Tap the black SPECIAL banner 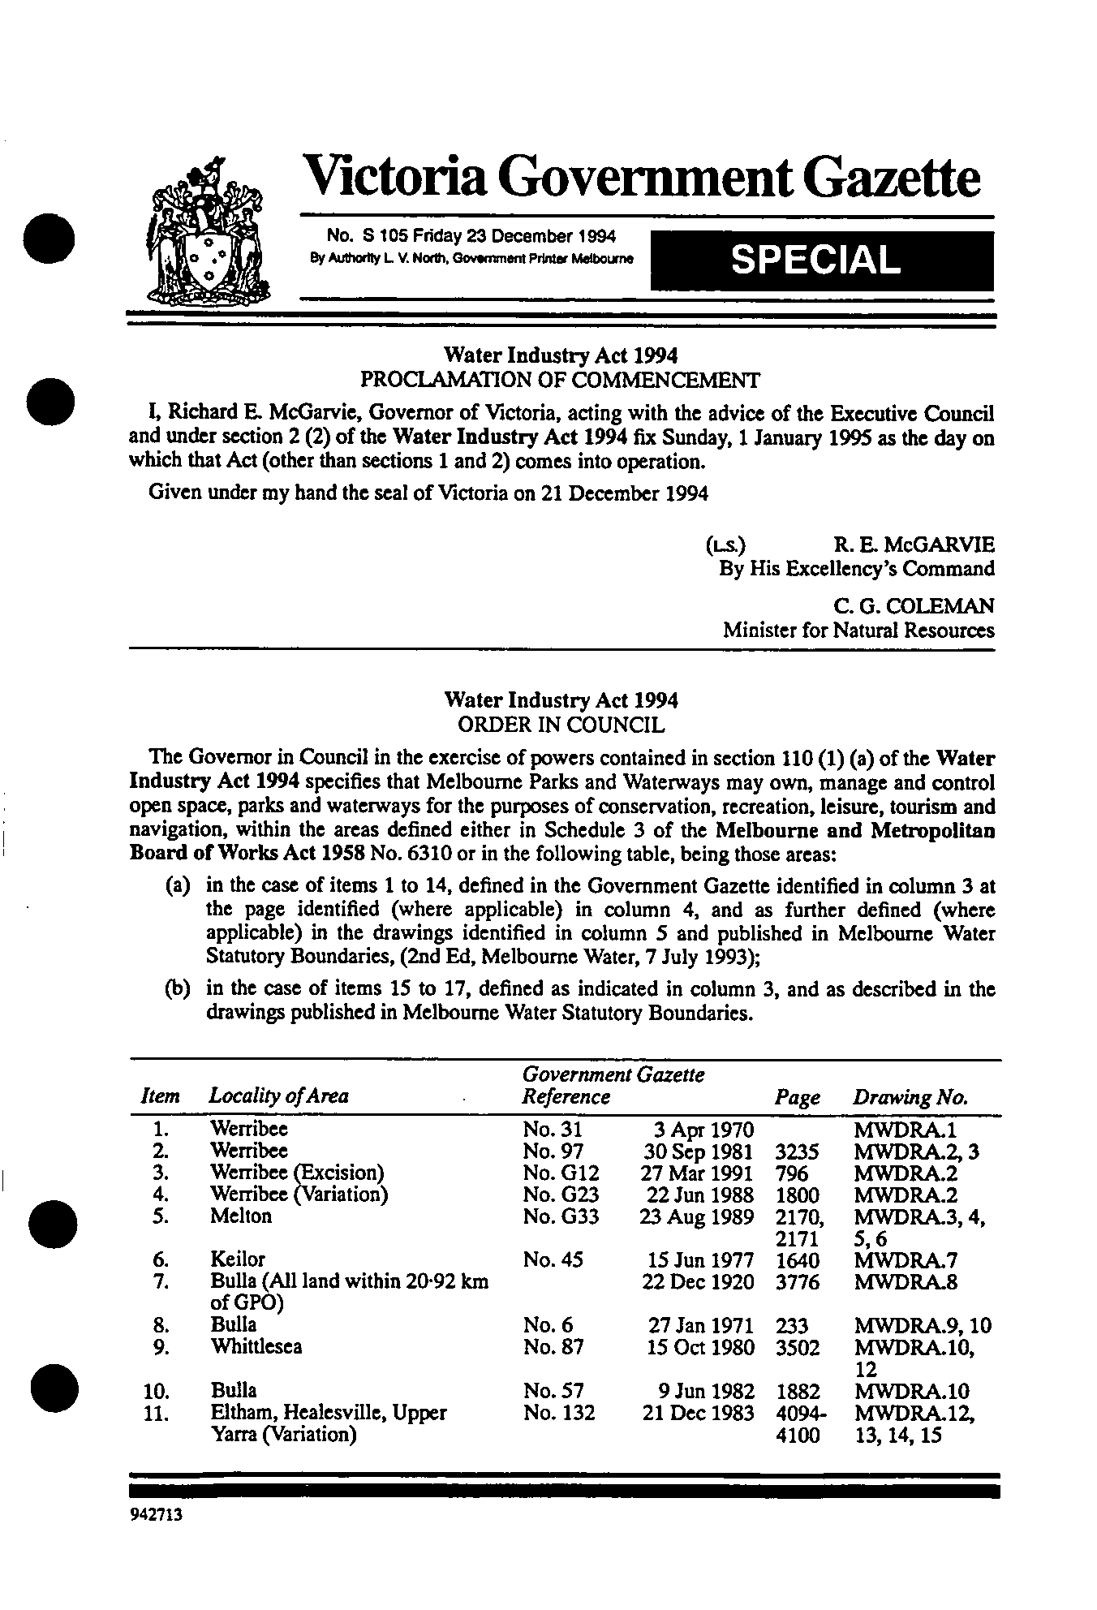pyautogui.click(x=821, y=260)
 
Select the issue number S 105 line pyautogui.click(x=471, y=237)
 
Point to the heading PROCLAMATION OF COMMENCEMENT pyautogui.click(x=560, y=380)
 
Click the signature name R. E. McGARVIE pyautogui.click(x=914, y=545)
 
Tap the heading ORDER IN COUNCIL pyautogui.click(x=561, y=725)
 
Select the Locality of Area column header pyautogui.click(x=279, y=1096)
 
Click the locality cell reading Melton pyautogui.click(x=241, y=1216)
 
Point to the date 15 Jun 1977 pyautogui.click(x=699, y=1260)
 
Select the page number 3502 pyautogui.click(x=798, y=1347)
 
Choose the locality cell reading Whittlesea pyautogui.click(x=256, y=1347)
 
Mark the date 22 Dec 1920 pyautogui.click(x=698, y=1282)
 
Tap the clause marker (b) pyautogui.click(x=178, y=989)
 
